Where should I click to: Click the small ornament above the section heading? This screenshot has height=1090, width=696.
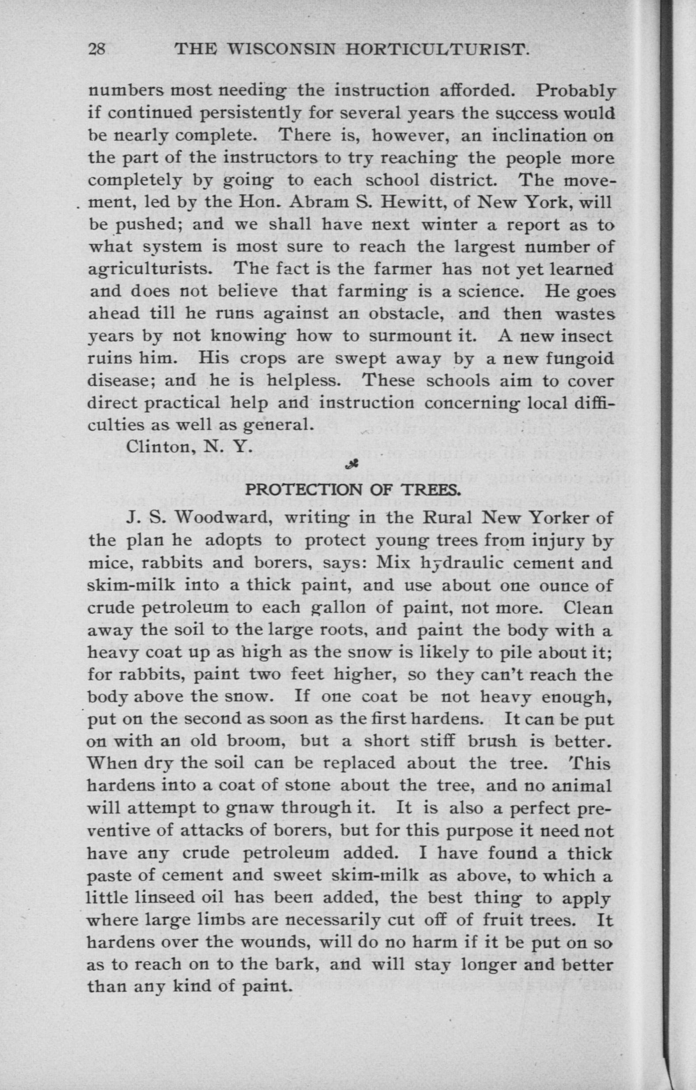(349, 464)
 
